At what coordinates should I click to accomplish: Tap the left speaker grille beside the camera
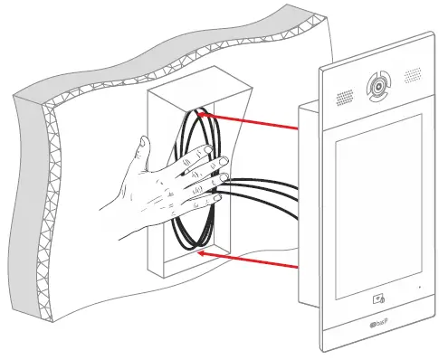(x=345, y=97)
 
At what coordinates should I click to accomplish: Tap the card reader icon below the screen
(x=376, y=296)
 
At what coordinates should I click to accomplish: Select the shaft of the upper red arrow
(x=253, y=122)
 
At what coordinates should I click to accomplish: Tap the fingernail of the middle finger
(x=221, y=163)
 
